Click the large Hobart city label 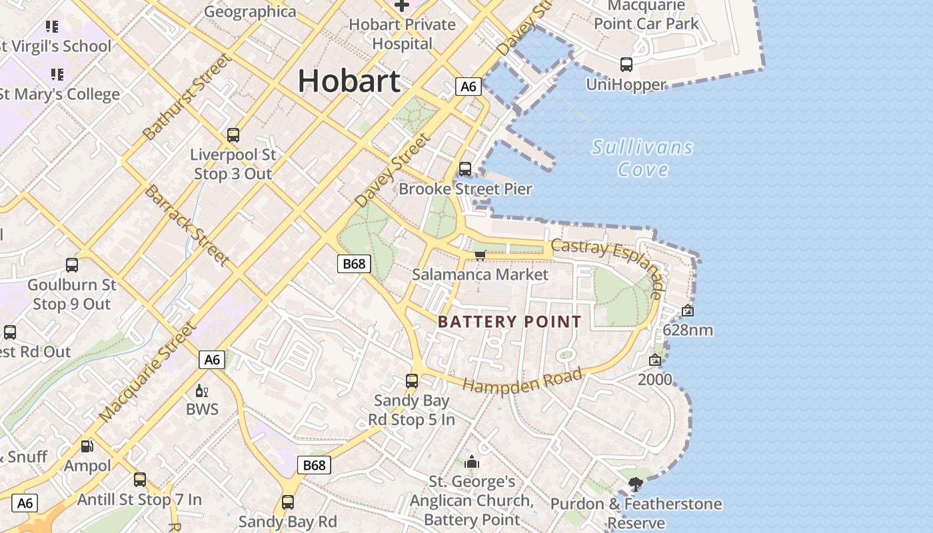(349, 81)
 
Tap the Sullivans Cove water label (642, 158)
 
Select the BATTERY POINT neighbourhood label (510, 322)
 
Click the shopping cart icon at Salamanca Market (480, 255)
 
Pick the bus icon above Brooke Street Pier (465, 169)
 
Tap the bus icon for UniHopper (626, 65)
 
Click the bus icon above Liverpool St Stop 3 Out (233, 135)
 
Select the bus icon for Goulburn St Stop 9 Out (72, 265)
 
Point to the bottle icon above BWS (201, 390)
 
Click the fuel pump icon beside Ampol (87, 446)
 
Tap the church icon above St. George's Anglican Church (472, 461)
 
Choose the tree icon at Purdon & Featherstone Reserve (636, 484)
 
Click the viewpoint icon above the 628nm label (688, 310)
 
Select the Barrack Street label (187, 225)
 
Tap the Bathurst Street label (187, 97)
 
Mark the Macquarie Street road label (148, 371)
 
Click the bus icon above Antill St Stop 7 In (140, 479)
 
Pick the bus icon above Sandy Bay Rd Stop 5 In (412, 381)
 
